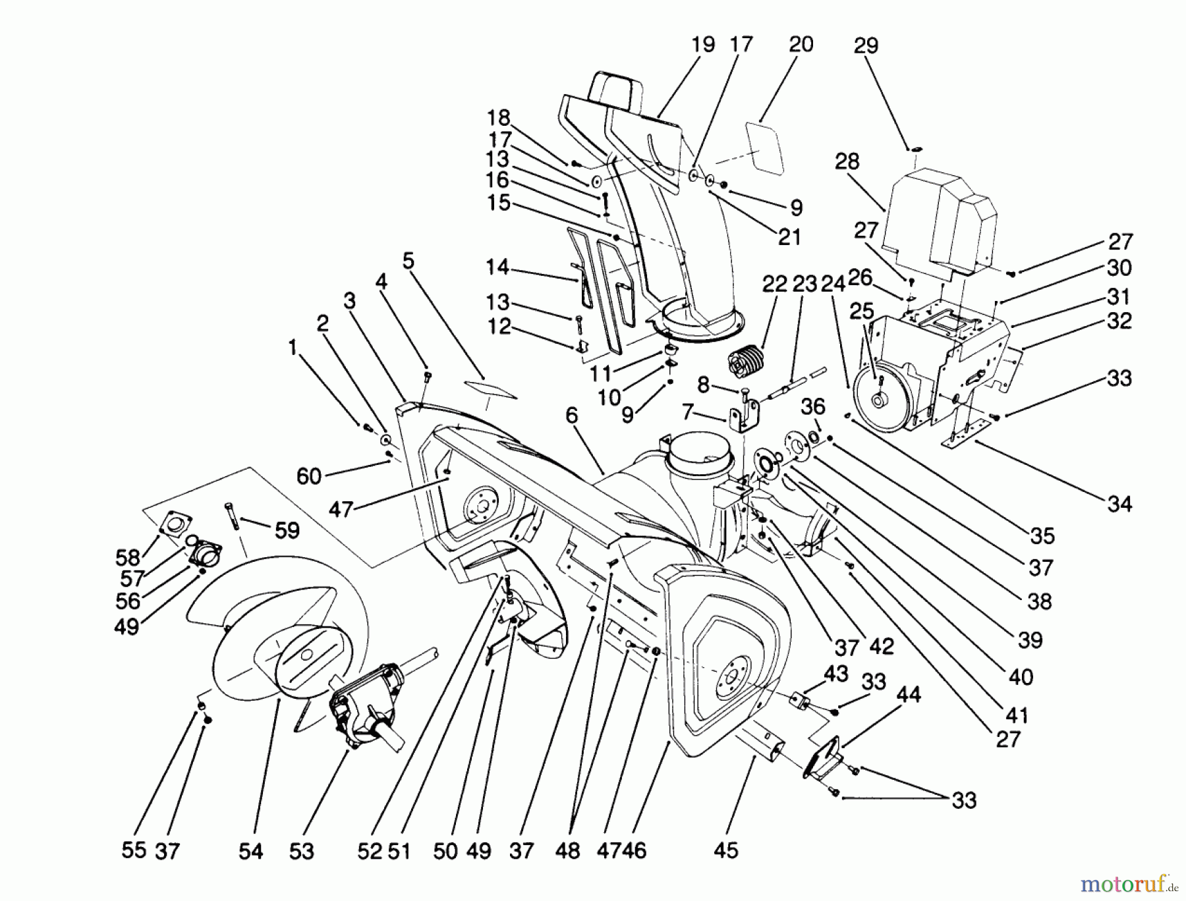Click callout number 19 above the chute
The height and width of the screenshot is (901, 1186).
click(703, 45)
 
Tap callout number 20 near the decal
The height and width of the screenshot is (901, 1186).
click(801, 45)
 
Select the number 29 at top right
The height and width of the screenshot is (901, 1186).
click(865, 46)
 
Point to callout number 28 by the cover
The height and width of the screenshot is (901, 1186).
click(847, 161)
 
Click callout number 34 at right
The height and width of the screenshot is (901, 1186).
click(1119, 505)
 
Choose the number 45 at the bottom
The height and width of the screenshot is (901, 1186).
click(725, 850)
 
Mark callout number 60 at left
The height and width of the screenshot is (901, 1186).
click(308, 476)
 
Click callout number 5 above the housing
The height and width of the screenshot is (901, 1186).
click(409, 261)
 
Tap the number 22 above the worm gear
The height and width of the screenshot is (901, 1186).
click(775, 285)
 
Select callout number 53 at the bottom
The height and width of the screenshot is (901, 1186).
click(301, 851)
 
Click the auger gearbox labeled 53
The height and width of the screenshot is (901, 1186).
click(369, 705)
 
